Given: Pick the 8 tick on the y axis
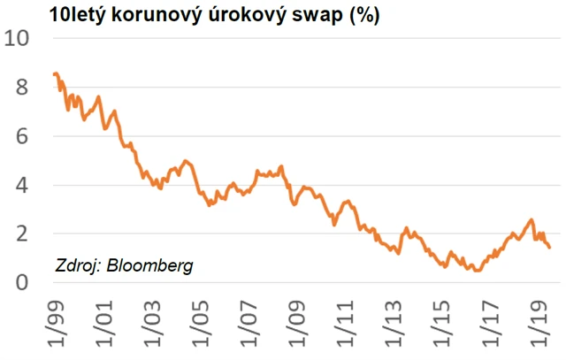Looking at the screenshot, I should (23, 88).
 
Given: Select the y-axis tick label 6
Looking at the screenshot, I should (23, 136).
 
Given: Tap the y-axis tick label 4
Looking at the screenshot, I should (23, 185).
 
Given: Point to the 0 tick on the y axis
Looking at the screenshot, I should (23, 282).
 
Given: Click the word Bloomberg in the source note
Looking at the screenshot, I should (149, 264).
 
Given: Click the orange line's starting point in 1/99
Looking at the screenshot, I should (54, 74).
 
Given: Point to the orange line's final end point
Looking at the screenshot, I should (550, 247).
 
